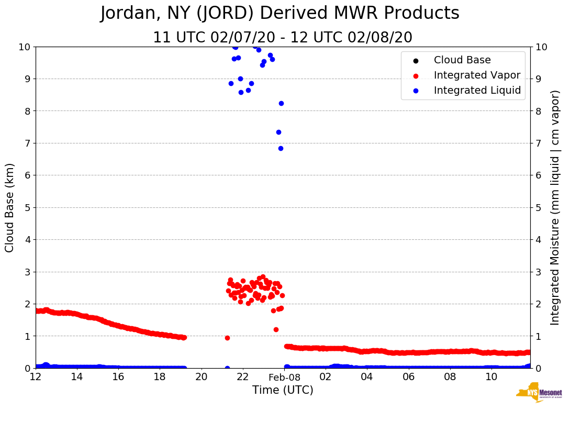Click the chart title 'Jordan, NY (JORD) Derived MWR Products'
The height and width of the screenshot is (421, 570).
coord(280,14)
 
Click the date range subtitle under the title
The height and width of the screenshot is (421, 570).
coord(283,38)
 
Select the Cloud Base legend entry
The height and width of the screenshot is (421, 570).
coord(462,60)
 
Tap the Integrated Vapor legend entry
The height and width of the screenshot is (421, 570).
coord(477,75)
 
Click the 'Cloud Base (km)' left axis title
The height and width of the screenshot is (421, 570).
coord(10,207)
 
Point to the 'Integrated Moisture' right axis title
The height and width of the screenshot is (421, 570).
coord(555,207)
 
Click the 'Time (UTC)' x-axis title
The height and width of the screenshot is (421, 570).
coord(283,390)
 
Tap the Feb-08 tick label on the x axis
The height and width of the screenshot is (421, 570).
coord(284,377)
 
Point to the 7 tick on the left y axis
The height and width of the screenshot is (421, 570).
coord(26,143)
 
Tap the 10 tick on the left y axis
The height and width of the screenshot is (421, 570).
coord(24,47)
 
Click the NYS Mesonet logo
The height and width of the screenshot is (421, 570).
coord(539,393)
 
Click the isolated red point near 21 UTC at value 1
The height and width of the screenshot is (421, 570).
coord(227,338)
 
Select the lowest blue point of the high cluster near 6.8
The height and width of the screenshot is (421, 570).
coord(281,148)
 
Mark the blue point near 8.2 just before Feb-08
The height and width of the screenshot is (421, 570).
coord(281,103)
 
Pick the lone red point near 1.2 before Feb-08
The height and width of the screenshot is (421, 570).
coord(276,329)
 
